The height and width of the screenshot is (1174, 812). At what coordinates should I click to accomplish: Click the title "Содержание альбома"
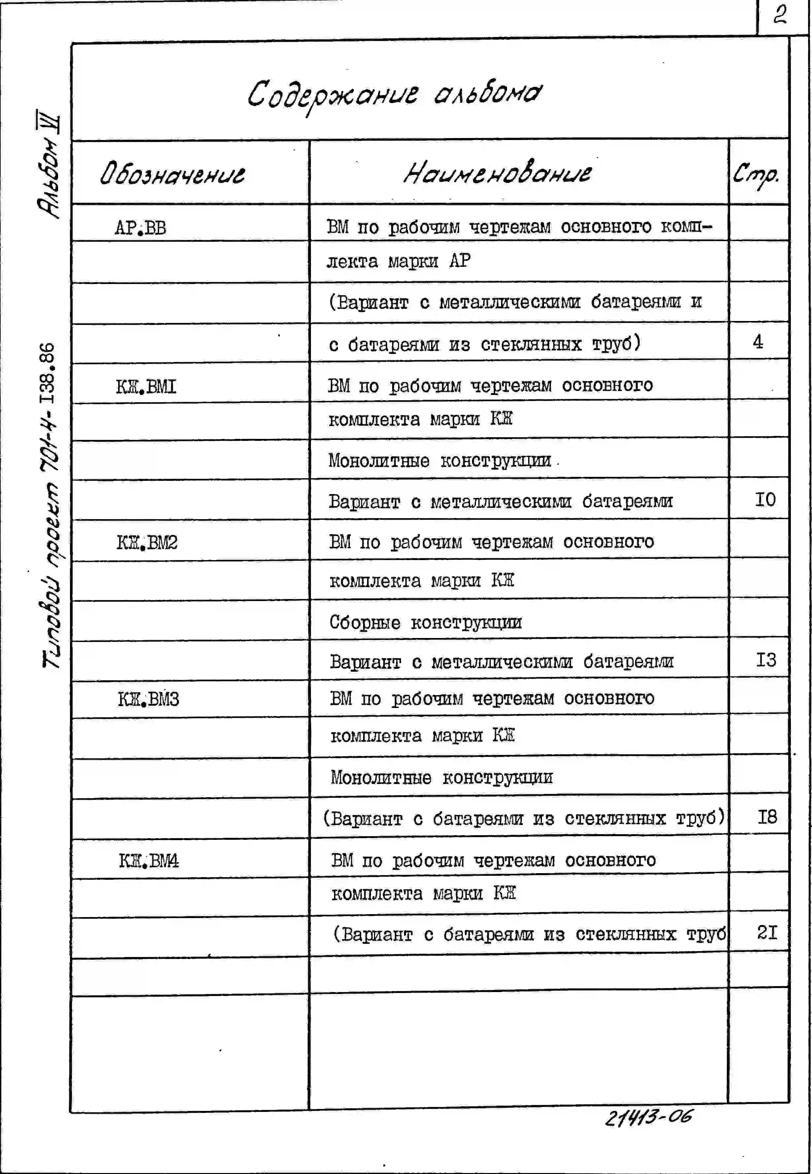[x=395, y=95]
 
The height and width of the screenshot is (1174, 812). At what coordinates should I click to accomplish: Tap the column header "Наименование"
[x=497, y=173]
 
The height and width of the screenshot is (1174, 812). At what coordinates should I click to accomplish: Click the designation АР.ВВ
[x=140, y=228]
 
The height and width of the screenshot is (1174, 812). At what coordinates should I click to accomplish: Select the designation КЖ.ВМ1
[x=146, y=387]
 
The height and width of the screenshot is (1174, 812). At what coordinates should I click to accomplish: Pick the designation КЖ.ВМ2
[x=147, y=543]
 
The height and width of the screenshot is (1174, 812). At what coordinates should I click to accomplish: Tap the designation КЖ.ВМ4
[x=149, y=861]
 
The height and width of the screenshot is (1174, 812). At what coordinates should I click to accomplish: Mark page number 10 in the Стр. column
[x=765, y=500]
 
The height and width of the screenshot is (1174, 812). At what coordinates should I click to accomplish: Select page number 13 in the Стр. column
[x=766, y=660]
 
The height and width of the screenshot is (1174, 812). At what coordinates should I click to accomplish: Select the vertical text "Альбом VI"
[x=48, y=165]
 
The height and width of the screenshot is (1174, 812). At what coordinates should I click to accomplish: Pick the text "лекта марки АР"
[x=398, y=262]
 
